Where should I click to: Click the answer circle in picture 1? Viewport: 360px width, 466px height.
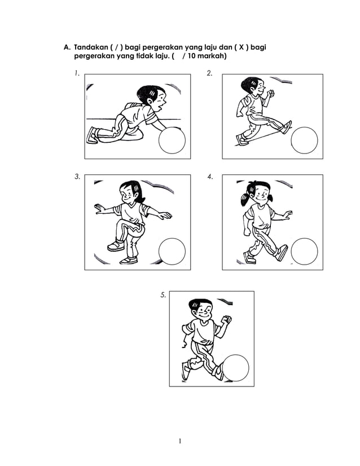pyautogui.click(x=172, y=140)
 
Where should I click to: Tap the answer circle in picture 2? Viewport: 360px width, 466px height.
pyautogui.click(x=305, y=140)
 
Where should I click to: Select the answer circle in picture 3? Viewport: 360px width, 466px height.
pyautogui.click(x=172, y=252)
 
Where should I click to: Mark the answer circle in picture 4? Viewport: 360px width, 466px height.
pyautogui.click(x=305, y=252)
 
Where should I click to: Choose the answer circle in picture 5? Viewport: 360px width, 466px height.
pyautogui.click(x=236, y=368)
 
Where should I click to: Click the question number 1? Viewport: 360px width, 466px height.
pyautogui.click(x=76, y=73)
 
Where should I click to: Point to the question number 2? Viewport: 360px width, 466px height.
pyautogui.click(x=209, y=73)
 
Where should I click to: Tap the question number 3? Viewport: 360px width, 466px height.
pyautogui.click(x=77, y=177)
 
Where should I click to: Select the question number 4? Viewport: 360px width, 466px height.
pyautogui.click(x=210, y=177)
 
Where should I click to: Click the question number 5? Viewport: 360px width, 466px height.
pyautogui.click(x=163, y=294)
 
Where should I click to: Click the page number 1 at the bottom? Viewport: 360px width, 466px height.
pyautogui.click(x=179, y=441)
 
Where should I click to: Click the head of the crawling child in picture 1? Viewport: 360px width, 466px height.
pyautogui.click(x=152, y=96)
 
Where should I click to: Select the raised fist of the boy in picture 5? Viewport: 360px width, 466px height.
pyautogui.click(x=227, y=320)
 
